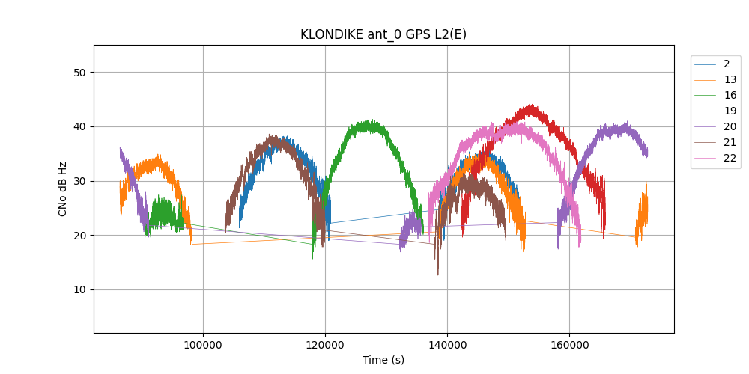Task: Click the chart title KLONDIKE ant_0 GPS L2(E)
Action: coord(383,34)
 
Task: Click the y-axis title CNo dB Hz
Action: coord(63,188)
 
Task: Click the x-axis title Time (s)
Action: coord(383,360)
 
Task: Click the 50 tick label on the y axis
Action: coord(80,73)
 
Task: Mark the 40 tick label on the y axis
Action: coord(80,127)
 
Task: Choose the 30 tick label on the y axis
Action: coord(80,181)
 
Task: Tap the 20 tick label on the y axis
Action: coord(80,236)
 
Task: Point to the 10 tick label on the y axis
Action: coord(80,290)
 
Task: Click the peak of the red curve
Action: coord(531,106)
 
